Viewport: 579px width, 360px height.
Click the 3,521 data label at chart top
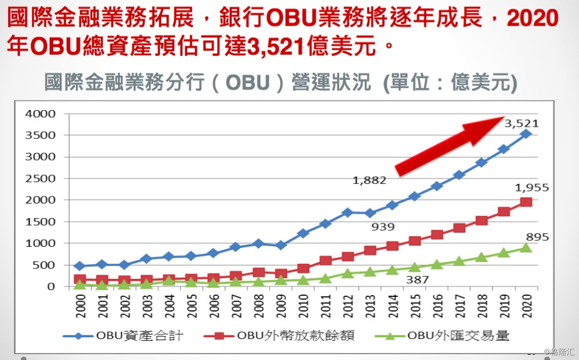521,124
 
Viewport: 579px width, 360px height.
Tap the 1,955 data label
532,188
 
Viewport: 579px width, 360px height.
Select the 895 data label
537,237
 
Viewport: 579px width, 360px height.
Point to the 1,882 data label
369,180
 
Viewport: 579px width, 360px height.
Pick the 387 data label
417,279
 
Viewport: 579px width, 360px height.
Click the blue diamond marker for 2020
525,134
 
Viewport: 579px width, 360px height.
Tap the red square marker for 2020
525,202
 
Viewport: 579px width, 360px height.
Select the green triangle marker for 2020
525,247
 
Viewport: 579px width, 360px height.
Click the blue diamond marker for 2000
79,266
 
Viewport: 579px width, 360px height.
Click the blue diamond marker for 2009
280,245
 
